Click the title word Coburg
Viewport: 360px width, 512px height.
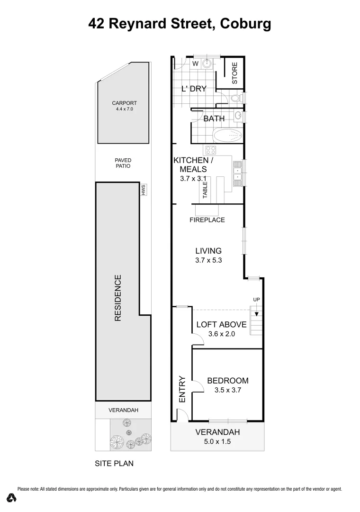click(246, 24)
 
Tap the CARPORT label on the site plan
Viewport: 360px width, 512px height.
click(124, 103)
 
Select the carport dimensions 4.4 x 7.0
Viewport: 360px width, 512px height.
click(125, 109)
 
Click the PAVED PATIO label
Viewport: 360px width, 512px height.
click(123, 163)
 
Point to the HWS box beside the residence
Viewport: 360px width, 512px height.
click(142, 190)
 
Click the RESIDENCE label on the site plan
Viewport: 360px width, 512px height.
click(118, 298)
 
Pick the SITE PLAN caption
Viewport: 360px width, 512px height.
click(114, 464)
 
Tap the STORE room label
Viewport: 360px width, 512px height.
click(234, 73)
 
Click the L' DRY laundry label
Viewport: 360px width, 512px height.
click(194, 88)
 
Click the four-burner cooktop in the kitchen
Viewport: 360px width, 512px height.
click(211, 150)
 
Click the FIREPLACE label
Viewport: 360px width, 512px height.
click(207, 220)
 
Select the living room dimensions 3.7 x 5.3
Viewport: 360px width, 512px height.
click(208, 260)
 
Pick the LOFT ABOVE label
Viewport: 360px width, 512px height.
click(221, 325)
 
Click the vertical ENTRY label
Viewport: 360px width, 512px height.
click(181, 390)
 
